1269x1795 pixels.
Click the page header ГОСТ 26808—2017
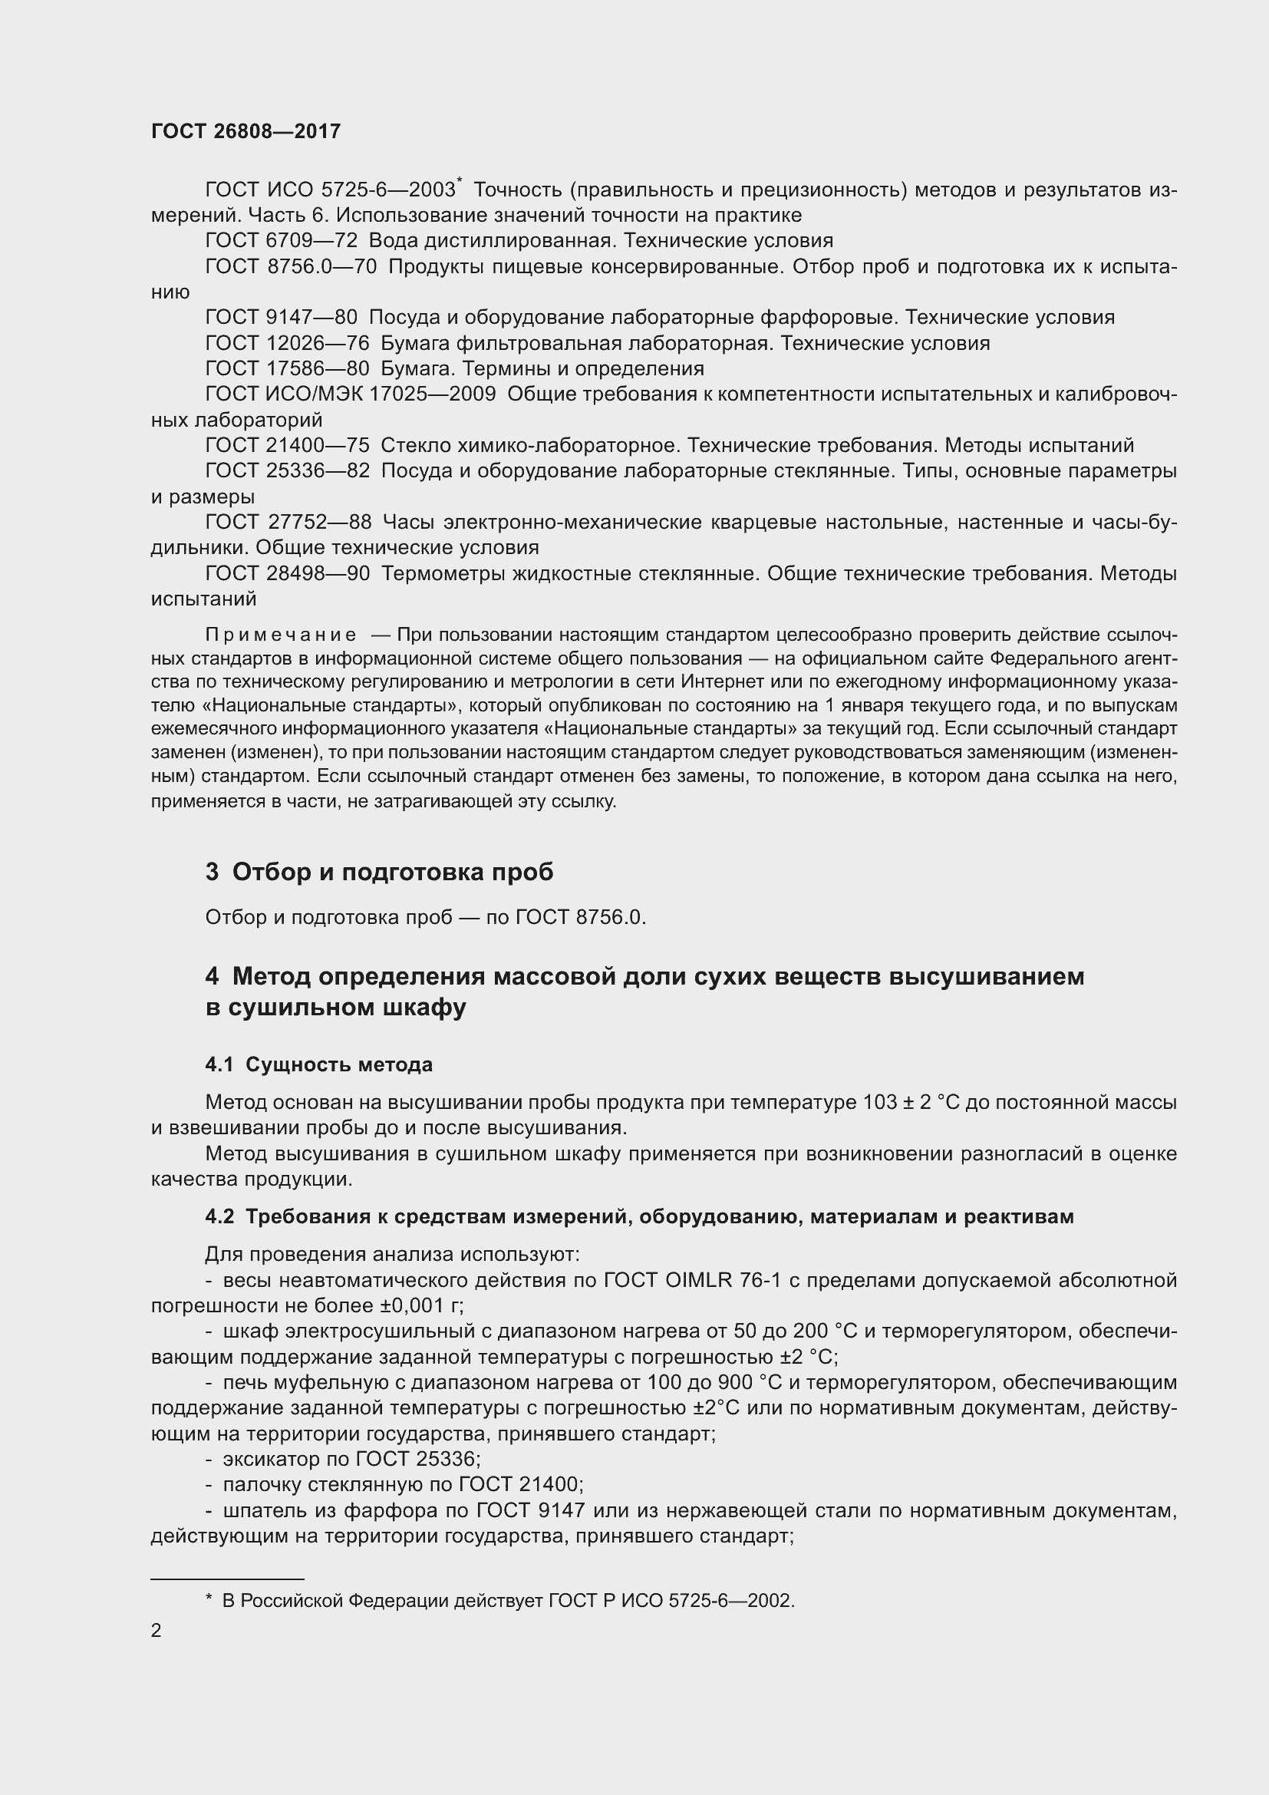pyautogui.click(x=246, y=131)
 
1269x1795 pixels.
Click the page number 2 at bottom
pyautogui.click(x=157, y=1630)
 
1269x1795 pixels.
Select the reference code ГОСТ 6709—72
pyautogui.click(x=281, y=240)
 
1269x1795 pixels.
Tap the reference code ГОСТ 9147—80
pyautogui.click(x=281, y=317)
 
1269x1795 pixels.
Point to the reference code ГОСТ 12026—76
pyautogui.click(x=287, y=342)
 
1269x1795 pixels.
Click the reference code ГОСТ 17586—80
pyautogui.click(x=287, y=368)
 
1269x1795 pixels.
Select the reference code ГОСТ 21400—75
pyautogui.click(x=287, y=445)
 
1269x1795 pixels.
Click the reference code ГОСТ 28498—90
pyautogui.click(x=287, y=573)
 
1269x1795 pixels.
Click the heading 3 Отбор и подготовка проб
pyautogui.click(x=379, y=872)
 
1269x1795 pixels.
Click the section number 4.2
pyautogui.click(x=219, y=1216)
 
